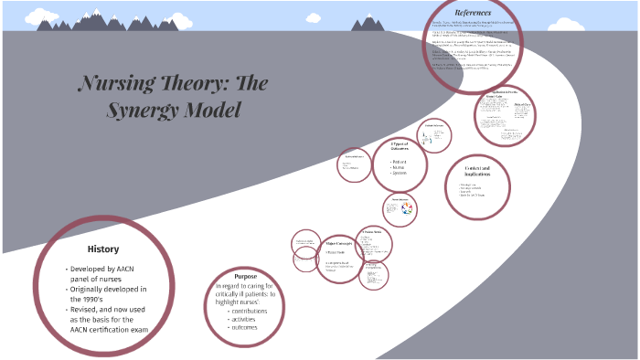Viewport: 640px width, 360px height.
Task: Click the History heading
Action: tap(102, 249)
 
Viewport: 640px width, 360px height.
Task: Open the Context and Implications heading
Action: tap(477, 173)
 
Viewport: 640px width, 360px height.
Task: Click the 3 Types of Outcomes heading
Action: tap(403, 147)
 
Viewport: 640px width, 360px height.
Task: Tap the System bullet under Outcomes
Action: tap(403, 175)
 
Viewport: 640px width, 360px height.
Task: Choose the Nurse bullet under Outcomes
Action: tap(401, 168)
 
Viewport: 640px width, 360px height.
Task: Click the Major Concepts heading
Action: tap(338, 243)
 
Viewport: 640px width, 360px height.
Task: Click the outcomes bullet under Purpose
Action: tap(245, 327)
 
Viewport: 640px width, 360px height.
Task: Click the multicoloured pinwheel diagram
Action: tap(407, 208)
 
